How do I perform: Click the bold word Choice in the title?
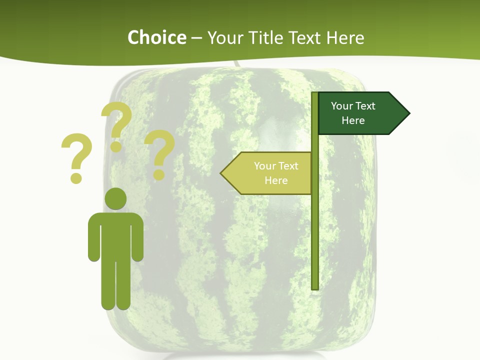coord(156,37)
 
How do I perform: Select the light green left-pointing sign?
coord(270,173)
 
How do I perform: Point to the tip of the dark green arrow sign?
coord(409,113)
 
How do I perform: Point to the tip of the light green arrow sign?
coord(221,173)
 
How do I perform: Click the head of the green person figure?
coord(115,198)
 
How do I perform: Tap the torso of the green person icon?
coord(115,235)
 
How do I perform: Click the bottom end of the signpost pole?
coord(314,287)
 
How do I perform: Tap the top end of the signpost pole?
coord(314,94)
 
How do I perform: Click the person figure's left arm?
coord(93,240)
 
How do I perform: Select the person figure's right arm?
coord(137,240)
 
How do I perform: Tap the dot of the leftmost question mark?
coord(76,178)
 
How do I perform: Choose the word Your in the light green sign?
coord(263,166)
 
